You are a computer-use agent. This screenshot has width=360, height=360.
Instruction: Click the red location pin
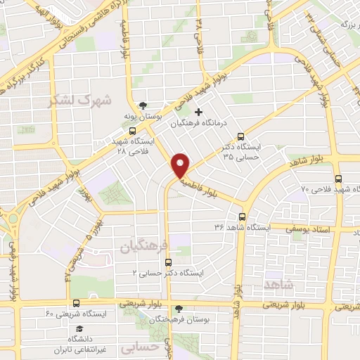tap(181, 165)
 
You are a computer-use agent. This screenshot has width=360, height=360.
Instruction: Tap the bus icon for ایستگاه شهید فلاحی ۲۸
tap(133, 131)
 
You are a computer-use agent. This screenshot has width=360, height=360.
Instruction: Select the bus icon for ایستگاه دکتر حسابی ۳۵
tap(242, 137)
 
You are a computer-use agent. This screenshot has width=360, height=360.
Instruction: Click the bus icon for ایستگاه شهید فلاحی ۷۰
tap(339, 179)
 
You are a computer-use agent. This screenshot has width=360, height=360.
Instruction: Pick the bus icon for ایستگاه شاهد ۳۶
tap(243, 217)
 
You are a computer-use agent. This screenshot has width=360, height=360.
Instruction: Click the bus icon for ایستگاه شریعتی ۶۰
tap(76, 303)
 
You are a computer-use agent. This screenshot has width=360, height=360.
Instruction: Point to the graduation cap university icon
tap(79, 328)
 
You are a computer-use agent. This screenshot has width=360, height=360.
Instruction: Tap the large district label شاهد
tap(279, 283)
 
